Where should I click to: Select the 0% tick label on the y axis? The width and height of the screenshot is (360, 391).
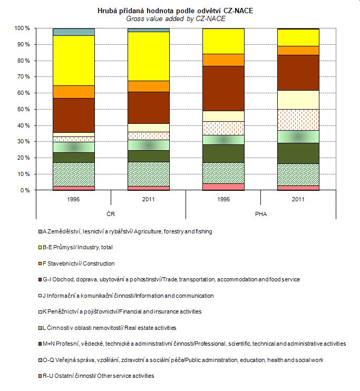[24, 190]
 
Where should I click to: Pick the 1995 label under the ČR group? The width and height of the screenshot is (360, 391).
[73, 199]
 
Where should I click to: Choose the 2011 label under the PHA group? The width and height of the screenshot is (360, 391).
[298, 199]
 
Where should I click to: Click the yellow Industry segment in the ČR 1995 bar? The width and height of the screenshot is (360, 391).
[73, 60]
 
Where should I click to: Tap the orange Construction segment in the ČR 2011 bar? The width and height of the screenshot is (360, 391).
[148, 86]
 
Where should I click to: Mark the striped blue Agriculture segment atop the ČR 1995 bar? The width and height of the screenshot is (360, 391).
[73, 32]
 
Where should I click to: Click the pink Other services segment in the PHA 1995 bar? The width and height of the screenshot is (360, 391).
[223, 187]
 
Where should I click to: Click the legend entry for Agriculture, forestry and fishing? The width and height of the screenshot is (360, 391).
[127, 231]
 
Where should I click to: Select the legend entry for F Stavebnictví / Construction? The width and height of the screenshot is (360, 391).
[79, 263]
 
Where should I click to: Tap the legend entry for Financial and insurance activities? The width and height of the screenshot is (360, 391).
[121, 311]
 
